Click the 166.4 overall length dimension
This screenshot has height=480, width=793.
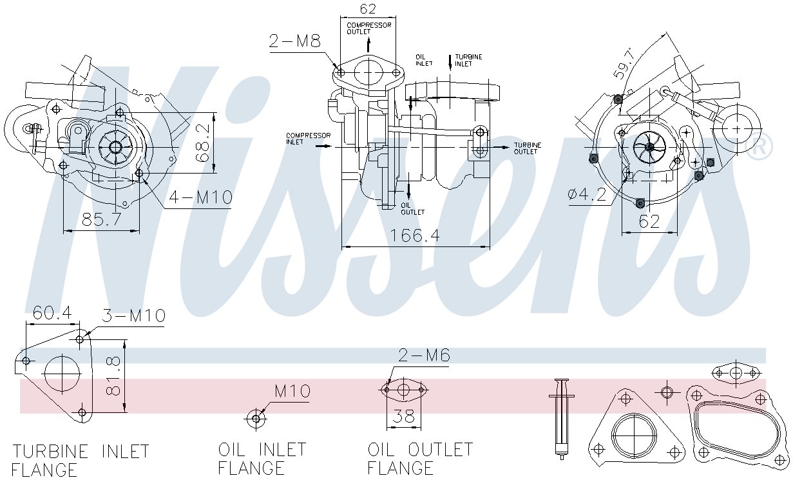click(x=415, y=235)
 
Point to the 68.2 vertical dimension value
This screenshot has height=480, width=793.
click(x=204, y=143)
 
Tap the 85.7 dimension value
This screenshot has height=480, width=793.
click(x=101, y=220)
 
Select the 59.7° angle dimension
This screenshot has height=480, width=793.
click(x=624, y=64)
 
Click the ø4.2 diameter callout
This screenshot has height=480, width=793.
click(x=587, y=195)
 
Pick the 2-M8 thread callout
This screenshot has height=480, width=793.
click(x=294, y=41)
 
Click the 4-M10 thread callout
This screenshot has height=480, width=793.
click(x=200, y=197)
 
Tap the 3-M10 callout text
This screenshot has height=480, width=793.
click(x=134, y=315)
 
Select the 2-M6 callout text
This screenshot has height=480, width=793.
click(x=424, y=355)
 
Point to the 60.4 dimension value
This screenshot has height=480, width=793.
click(x=52, y=313)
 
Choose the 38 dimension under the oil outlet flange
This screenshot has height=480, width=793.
click(x=403, y=416)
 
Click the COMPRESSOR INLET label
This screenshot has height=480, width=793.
click(x=308, y=139)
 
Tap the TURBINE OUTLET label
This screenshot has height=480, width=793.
click(x=528, y=148)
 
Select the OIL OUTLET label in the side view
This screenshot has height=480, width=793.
click(x=412, y=209)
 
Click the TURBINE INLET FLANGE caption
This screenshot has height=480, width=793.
click(x=81, y=461)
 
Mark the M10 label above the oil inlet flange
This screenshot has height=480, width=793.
click(x=292, y=391)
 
